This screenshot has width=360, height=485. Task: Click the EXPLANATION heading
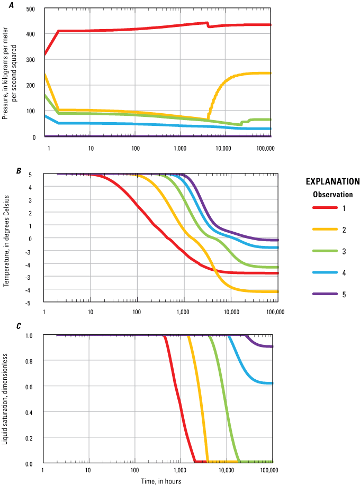(332, 181)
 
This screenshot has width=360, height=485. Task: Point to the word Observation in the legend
(332, 194)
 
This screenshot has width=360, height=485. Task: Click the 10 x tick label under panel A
(91, 149)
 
